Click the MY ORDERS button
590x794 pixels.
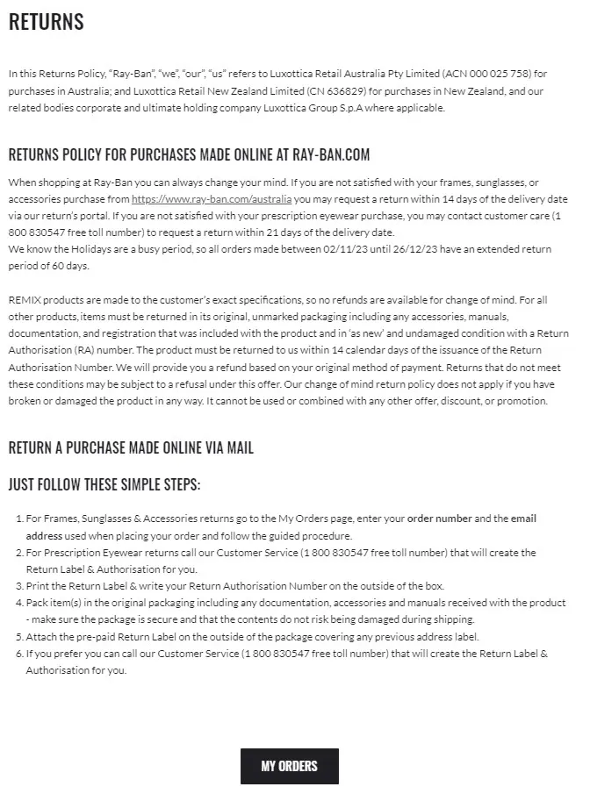[x=289, y=766]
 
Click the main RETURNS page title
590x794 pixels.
[x=47, y=23]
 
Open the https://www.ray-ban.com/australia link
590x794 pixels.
[x=212, y=199]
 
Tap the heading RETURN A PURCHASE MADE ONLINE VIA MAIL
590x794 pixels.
[x=131, y=448]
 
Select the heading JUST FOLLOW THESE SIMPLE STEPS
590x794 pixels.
[x=104, y=484]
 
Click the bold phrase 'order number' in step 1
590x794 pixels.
[x=440, y=519]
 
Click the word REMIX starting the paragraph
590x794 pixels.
[x=25, y=300]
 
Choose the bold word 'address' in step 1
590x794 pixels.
[x=44, y=535]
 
